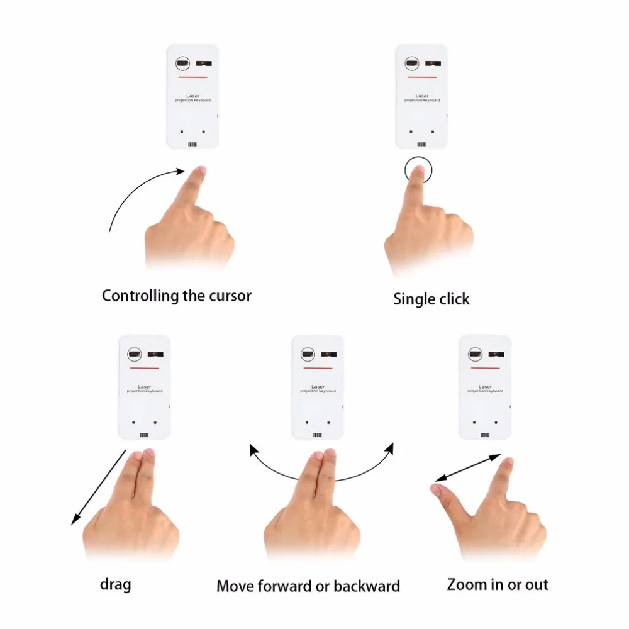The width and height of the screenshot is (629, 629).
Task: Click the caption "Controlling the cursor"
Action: tap(176, 296)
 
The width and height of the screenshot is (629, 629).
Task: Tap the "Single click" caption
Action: tap(431, 299)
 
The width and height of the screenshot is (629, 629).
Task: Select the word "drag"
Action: tap(116, 584)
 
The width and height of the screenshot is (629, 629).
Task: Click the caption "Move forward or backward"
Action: tap(308, 586)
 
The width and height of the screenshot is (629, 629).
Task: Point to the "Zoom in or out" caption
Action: tap(498, 584)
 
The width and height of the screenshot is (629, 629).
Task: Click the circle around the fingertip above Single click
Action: tap(419, 170)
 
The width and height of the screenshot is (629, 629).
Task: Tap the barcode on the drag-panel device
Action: tap(144, 435)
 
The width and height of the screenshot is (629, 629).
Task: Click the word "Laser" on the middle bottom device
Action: tap(318, 387)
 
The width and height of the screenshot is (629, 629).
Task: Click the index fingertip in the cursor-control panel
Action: tap(199, 170)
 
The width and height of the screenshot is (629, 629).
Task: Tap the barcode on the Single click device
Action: tap(421, 143)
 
